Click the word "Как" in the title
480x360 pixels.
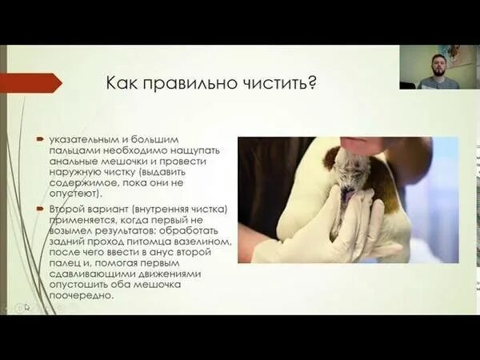122,83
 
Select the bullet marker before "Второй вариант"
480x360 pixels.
38,208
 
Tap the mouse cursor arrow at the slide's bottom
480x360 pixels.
26,306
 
